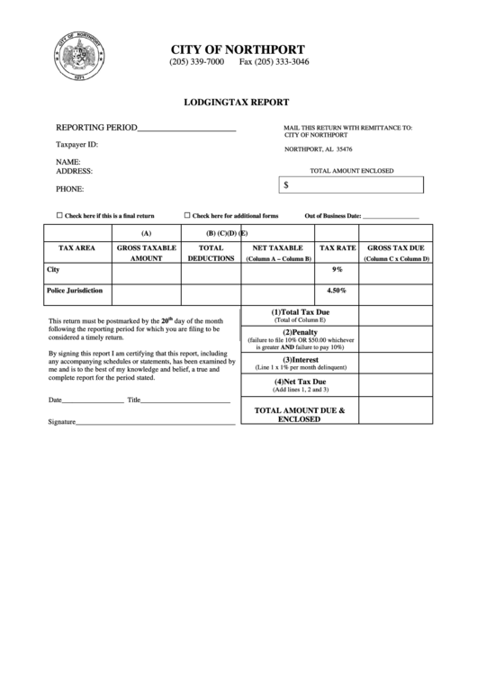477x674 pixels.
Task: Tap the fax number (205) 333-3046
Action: [274, 63]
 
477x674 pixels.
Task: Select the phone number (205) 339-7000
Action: [196, 63]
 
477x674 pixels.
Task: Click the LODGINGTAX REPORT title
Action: [238, 103]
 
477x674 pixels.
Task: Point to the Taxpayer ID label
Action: [77, 144]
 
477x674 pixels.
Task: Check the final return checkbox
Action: [59, 216]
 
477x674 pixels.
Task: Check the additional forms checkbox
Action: [187, 216]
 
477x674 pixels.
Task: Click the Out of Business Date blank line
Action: [390, 218]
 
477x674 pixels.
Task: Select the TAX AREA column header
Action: [76, 247]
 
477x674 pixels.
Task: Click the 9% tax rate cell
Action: [337, 269]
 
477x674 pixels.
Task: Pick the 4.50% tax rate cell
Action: [337, 291]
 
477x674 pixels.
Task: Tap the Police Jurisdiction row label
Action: [74, 291]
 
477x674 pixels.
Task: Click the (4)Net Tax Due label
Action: [300, 382]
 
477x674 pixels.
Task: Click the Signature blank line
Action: [156, 421]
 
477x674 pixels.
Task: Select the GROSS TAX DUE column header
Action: [396, 247]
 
